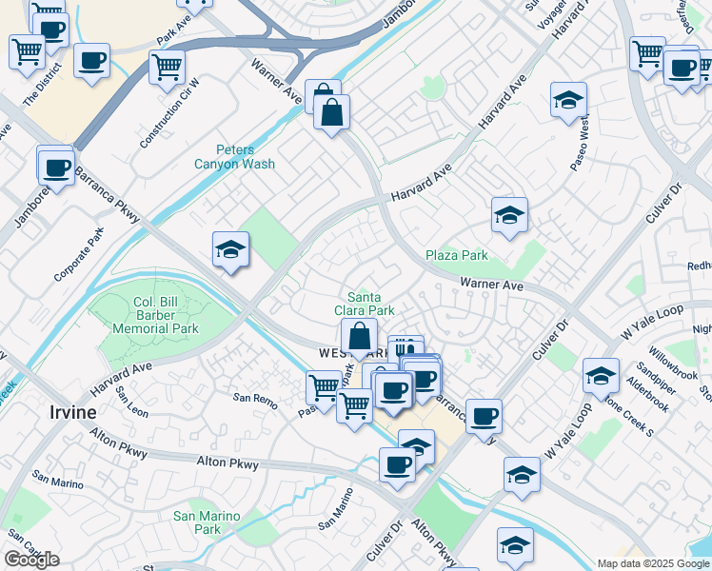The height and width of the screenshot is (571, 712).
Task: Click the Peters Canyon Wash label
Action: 233,157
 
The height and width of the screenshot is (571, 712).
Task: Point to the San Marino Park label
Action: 197,522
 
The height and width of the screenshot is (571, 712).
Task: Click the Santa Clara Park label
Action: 364,304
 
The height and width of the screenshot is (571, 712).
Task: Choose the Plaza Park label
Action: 456,255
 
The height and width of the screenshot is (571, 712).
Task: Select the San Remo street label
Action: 255,397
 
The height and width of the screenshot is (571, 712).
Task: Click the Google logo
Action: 31,560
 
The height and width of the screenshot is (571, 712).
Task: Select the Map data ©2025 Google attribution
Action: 654,563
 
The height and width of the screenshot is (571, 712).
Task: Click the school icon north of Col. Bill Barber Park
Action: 230,249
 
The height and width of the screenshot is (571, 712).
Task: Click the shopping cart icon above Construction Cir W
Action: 167,67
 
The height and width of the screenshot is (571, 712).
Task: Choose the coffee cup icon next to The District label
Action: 91,61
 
